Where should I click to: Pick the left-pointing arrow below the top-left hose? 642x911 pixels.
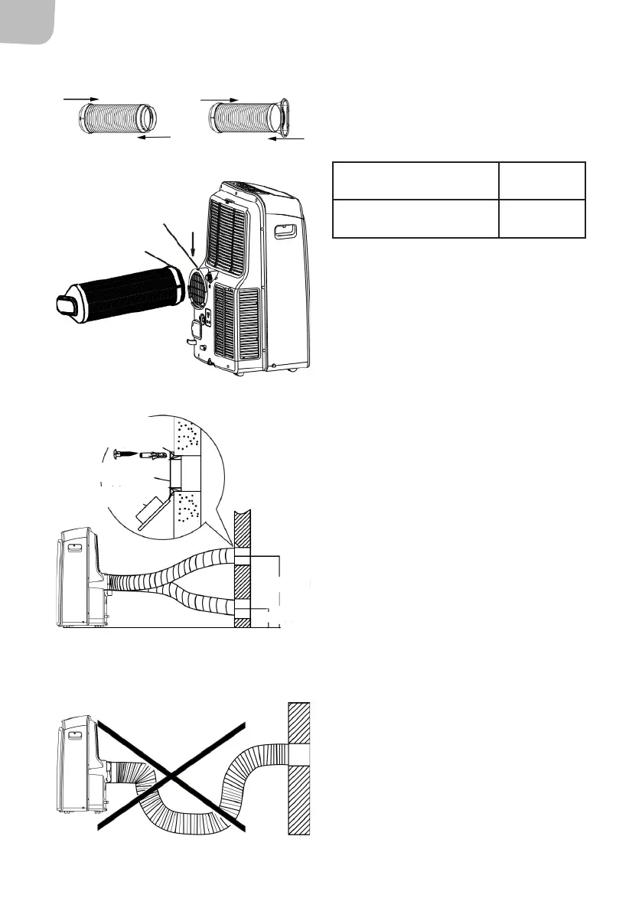coord(152,137)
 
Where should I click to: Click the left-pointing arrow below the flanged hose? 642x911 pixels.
coord(287,138)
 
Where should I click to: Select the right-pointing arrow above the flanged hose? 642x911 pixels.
coord(219,99)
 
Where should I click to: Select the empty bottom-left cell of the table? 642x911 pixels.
coord(415,219)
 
